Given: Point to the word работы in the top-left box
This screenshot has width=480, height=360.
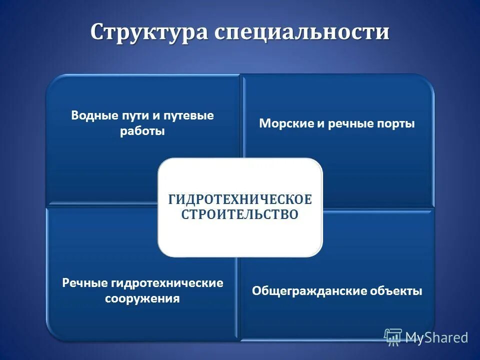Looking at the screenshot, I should [142, 131].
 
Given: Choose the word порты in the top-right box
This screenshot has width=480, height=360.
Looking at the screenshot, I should [396, 124].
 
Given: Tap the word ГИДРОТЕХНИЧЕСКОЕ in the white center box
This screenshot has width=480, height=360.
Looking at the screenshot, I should [239, 199].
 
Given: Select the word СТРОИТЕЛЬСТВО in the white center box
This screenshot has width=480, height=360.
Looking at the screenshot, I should [239, 214].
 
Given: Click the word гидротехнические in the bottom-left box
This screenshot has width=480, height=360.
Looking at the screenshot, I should [167, 283].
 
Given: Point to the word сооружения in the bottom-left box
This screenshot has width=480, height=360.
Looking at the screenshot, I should [142, 299].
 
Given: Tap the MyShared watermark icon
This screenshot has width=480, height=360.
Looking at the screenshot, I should [393, 336].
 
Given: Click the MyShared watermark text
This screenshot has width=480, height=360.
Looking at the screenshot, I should [436, 337].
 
